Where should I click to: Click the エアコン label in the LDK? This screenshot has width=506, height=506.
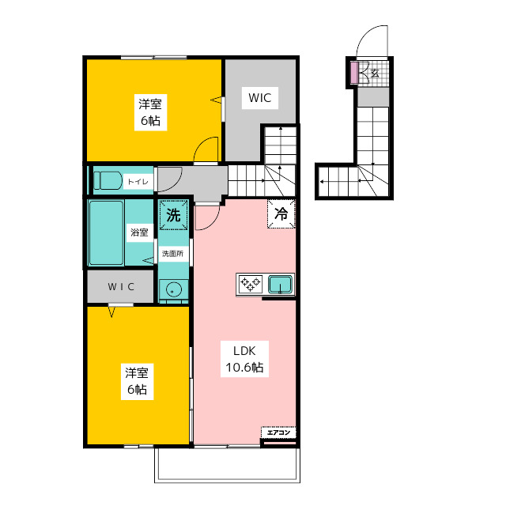278,432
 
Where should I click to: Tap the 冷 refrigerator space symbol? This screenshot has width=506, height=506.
281,214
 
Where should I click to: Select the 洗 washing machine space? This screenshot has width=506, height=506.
174,215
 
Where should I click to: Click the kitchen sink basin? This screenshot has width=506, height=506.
281,285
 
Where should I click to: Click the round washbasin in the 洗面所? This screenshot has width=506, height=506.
174,289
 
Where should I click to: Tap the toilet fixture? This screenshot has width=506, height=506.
108,180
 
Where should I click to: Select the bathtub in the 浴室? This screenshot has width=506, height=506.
106,232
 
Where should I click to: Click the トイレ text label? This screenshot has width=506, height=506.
138,182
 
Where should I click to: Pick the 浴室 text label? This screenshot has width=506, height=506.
139,232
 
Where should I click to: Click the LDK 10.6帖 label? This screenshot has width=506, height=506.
244,359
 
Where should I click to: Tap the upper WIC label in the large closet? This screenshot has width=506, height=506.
260,98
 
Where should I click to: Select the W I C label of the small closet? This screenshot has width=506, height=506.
121,286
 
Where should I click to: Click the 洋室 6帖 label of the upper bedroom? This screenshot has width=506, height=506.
150,112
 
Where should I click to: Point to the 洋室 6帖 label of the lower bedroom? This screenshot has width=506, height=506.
137,381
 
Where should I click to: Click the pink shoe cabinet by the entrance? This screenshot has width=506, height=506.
354,73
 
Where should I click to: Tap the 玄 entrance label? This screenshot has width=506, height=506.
375,74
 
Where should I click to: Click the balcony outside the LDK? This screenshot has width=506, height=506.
227,465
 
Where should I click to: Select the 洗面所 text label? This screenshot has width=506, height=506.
172,254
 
